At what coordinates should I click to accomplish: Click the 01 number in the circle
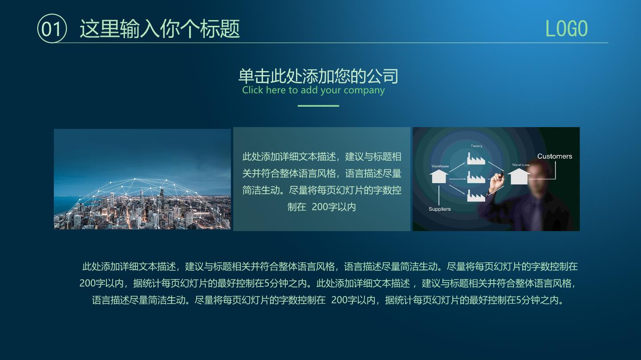(51, 29)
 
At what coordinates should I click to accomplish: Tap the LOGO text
(566, 29)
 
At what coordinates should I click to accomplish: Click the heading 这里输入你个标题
(160, 29)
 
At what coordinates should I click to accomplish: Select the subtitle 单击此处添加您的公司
(318, 76)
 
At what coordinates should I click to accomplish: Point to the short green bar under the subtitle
(318, 106)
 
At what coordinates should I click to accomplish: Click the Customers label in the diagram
(555, 156)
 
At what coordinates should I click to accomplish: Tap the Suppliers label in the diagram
(439, 209)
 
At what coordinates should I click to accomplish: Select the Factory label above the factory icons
(476, 146)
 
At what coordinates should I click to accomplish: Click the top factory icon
(476, 159)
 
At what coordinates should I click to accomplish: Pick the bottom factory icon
(476, 196)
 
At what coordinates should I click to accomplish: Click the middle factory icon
(476, 177)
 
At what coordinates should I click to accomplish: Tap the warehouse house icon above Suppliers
(439, 176)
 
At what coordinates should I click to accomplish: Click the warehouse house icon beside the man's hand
(519, 176)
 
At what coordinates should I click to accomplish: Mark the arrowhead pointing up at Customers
(555, 162)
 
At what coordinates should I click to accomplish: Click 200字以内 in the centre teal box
(334, 207)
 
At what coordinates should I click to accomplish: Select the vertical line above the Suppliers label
(439, 195)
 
